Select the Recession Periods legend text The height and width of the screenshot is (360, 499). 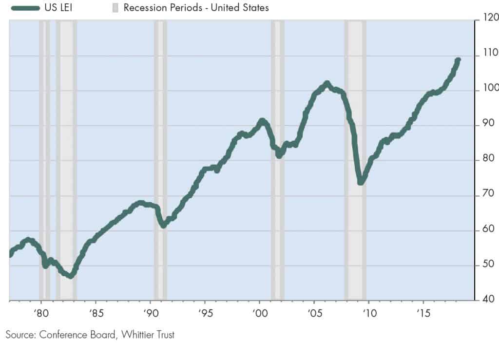(x=196, y=8)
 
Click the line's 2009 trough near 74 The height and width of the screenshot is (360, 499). (x=361, y=182)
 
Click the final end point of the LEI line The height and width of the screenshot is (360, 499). (x=458, y=60)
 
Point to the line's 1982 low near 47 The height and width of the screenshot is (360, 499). (x=71, y=276)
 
